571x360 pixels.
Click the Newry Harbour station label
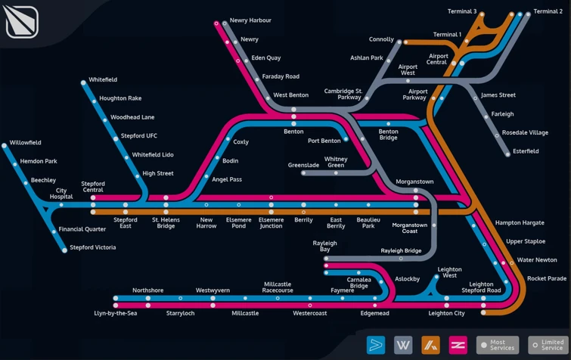pos(250,20)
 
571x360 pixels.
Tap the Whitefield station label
pos(103,79)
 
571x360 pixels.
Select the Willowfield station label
pos(26,142)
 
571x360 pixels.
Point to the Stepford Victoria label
pos(93,247)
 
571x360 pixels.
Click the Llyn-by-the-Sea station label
pos(116,313)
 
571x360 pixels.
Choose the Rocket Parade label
pos(547,278)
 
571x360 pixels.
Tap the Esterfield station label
pos(526,151)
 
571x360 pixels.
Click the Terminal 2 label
pos(548,11)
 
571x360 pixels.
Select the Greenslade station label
pos(303,165)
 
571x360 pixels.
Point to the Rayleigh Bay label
pos(325,246)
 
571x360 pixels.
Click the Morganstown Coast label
pos(410,228)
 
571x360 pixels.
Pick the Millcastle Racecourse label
pos(278,287)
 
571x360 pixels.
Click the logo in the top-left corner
pos(22,21)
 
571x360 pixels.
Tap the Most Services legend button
pos(498,345)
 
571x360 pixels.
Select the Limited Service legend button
pos(548,345)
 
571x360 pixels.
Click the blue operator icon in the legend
pos(376,345)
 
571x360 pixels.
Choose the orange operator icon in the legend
pos(430,345)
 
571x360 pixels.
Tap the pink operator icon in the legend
pos(458,345)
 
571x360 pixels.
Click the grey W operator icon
pos(403,345)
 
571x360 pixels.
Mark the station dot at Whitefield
pos(83,82)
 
